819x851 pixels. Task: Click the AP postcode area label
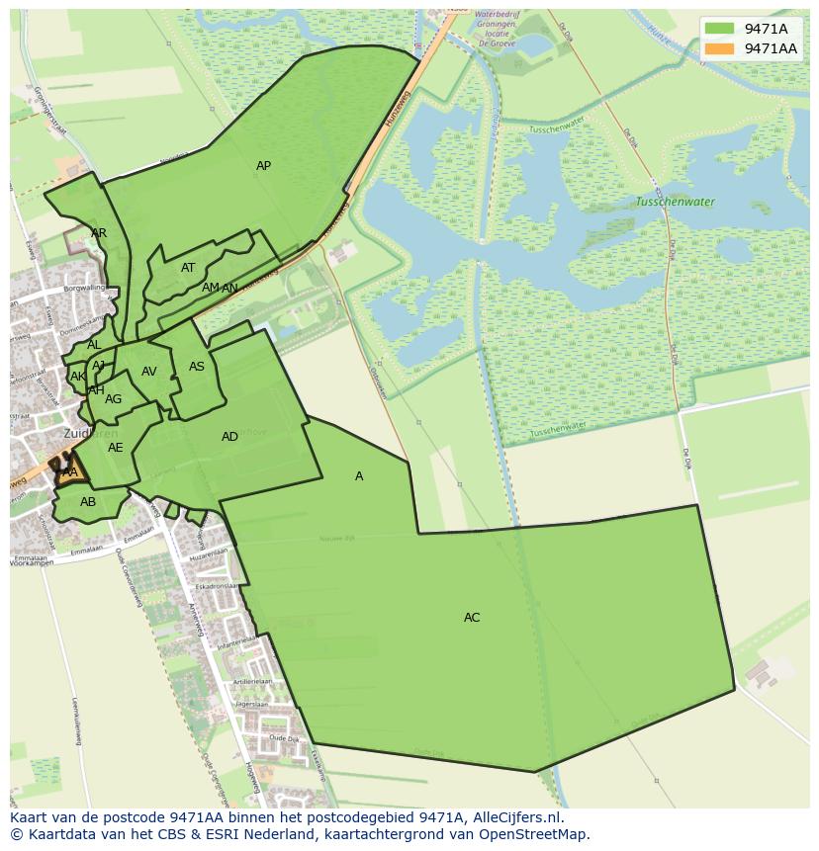263,166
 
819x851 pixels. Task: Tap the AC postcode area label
472,618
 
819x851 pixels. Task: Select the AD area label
229,437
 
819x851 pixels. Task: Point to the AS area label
197,367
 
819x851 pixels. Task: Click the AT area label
188,268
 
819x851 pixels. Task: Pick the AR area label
99,233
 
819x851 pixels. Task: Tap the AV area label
149,372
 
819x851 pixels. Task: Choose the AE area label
116,448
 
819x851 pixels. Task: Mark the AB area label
88,502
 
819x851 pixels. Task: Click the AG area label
113,399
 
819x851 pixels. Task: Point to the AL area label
94,345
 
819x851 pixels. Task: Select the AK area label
78,377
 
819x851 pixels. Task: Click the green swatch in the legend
720,29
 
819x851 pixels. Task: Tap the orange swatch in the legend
720,48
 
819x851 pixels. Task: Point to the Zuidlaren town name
90,433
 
